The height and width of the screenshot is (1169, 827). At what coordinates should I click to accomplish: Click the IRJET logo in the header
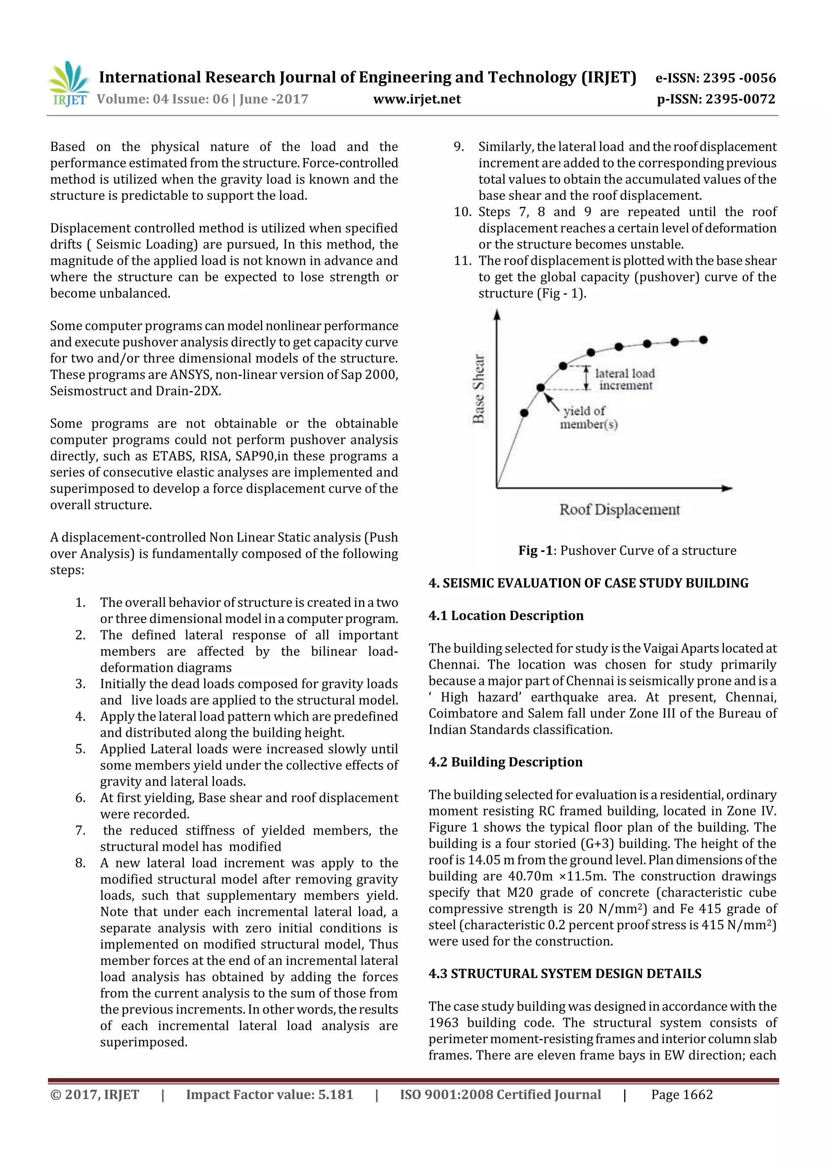click(68, 84)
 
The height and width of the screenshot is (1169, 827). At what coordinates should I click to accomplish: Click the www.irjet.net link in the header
click(417, 99)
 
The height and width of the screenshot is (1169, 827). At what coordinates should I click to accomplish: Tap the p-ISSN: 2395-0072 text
click(716, 99)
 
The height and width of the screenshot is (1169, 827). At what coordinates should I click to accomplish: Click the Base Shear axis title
click(478, 389)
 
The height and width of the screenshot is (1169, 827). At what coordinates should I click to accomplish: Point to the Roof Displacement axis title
click(619, 510)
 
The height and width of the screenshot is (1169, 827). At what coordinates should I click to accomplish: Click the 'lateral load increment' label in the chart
click(625, 379)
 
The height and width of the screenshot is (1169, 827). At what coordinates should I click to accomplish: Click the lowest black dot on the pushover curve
click(524, 413)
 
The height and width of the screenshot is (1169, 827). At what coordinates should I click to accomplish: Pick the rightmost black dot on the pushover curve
click(703, 340)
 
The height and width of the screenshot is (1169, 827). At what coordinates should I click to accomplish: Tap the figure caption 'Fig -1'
click(535, 550)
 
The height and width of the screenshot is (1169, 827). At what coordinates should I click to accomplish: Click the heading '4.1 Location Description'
click(506, 615)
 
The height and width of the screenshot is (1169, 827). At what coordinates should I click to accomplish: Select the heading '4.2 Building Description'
click(505, 762)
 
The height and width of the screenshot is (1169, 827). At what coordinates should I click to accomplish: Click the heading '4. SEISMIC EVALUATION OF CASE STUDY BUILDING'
click(588, 583)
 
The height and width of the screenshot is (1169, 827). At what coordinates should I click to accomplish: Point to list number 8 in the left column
click(80, 863)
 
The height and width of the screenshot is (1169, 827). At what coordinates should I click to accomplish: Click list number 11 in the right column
click(462, 261)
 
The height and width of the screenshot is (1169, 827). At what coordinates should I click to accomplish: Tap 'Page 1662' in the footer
click(681, 1094)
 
